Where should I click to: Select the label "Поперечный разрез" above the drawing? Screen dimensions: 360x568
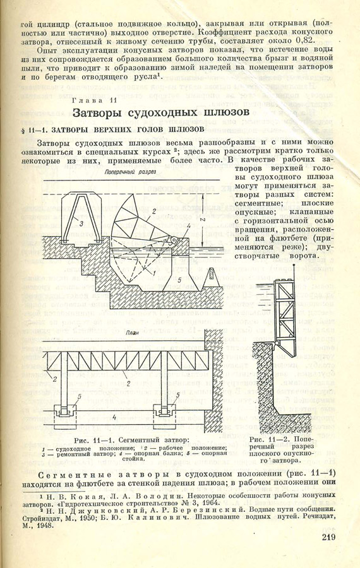click(130, 172)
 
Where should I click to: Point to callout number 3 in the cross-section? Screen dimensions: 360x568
click(81, 224)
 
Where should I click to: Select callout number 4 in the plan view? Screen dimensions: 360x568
click(114, 417)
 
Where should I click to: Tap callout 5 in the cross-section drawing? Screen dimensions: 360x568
click(179, 280)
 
